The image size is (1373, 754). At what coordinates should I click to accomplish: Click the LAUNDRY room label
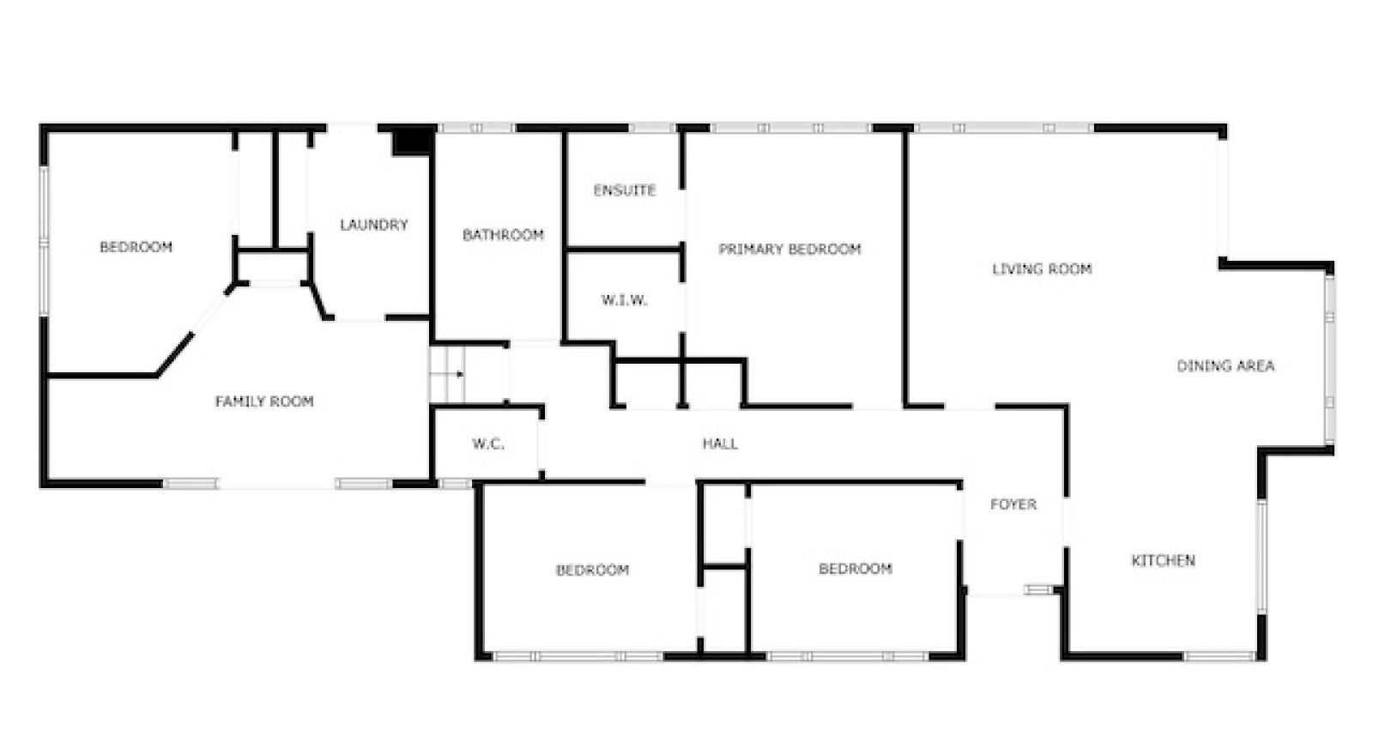pyautogui.click(x=373, y=225)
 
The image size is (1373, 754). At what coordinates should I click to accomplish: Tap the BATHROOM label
pyautogui.click(x=503, y=234)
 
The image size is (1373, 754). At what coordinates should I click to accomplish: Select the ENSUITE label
pyautogui.click(x=625, y=190)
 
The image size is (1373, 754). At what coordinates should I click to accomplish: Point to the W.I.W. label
pyautogui.click(x=624, y=300)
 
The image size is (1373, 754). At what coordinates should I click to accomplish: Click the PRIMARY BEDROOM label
pyautogui.click(x=789, y=249)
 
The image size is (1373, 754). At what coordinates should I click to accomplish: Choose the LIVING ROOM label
pyautogui.click(x=1042, y=268)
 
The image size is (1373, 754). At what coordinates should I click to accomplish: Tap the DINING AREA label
pyautogui.click(x=1225, y=365)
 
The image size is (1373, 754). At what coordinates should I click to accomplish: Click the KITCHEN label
pyautogui.click(x=1163, y=560)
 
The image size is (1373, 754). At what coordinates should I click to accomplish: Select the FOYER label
pyautogui.click(x=1013, y=504)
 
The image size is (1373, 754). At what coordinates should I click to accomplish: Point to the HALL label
pyautogui.click(x=720, y=443)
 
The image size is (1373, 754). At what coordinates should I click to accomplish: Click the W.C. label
pyautogui.click(x=488, y=443)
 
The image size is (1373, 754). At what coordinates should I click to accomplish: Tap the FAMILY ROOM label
pyautogui.click(x=264, y=401)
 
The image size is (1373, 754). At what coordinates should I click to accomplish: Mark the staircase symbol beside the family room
pyautogui.click(x=446, y=373)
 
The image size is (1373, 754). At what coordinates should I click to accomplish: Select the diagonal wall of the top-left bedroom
pyautogui.click(x=174, y=353)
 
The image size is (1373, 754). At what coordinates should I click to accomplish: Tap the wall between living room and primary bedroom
pyautogui.click(x=904, y=266)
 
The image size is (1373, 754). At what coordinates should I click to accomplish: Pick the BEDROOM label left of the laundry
pyautogui.click(x=136, y=247)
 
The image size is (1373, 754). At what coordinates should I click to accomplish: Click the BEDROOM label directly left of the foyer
pyautogui.click(x=855, y=568)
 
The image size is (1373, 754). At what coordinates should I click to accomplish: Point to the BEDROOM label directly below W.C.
pyautogui.click(x=592, y=570)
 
